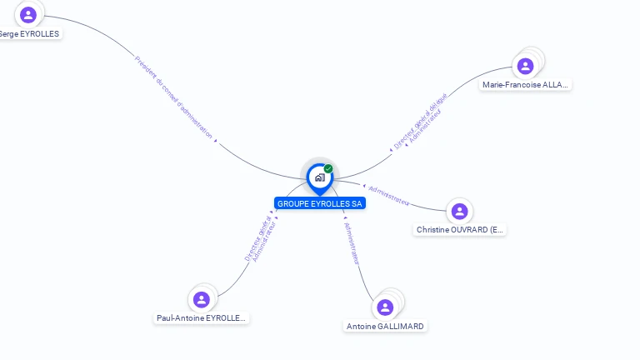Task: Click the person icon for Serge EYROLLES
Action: pos(28,14)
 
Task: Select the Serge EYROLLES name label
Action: pos(30,34)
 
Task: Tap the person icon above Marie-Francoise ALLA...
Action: pos(525,66)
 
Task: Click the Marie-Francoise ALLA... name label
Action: pos(527,85)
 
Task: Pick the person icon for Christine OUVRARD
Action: pos(458,211)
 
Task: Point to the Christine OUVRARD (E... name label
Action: pos(460,230)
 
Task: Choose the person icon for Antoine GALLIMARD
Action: pos(385,307)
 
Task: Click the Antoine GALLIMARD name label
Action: pos(385,327)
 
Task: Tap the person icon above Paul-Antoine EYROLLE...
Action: pos(201,299)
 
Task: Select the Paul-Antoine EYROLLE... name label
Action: pos(202,318)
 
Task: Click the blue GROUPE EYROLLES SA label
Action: pos(320,203)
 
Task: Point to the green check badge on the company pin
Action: pos(328,169)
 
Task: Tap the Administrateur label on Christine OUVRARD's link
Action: pos(388,195)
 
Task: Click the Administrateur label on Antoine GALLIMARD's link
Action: pos(352,243)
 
